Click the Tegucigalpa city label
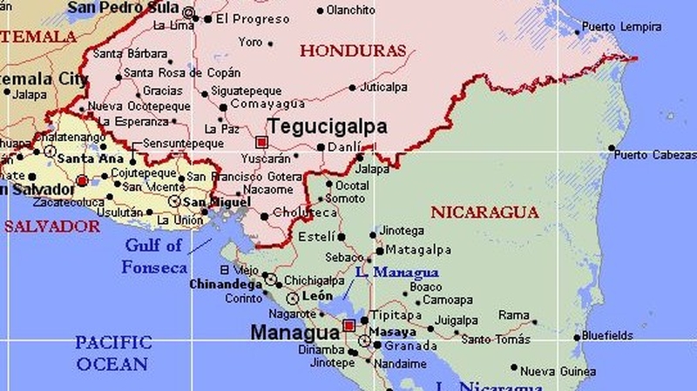328,127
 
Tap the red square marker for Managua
349,326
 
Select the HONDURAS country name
353,51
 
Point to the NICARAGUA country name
484,212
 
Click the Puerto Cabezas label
655,155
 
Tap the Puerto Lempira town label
621,27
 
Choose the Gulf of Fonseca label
153,256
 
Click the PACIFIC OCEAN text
112,353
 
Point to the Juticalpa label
384,87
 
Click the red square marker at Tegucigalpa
261,141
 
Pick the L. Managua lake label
397,273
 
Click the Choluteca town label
305,212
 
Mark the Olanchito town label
351,10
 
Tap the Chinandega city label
226,284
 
